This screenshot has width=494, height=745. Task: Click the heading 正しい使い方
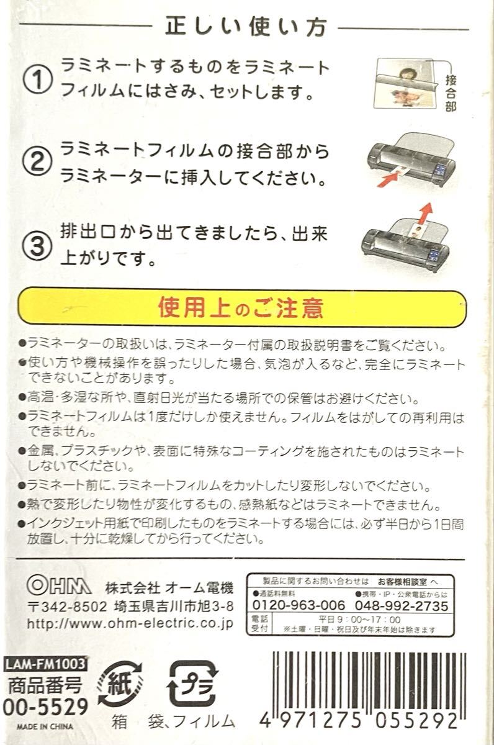click(x=246, y=27)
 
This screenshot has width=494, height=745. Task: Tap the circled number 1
click(x=37, y=79)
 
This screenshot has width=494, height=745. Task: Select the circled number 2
click(x=37, y=162)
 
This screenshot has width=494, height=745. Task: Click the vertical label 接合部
click(x=451, y=93)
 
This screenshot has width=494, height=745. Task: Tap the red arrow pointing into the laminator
click(x=388, y=179)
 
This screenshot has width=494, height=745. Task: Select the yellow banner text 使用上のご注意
click(x=240, y=308)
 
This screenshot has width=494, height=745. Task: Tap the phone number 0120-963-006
click(x=299, y=605)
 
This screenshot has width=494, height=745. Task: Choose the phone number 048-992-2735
click(x=402, y=605)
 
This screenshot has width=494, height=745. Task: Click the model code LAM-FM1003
click(x=45, y=664)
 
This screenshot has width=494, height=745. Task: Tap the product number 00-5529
click(x=45, y=707)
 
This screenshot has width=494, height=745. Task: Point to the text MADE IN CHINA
click(x=45, y=726)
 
